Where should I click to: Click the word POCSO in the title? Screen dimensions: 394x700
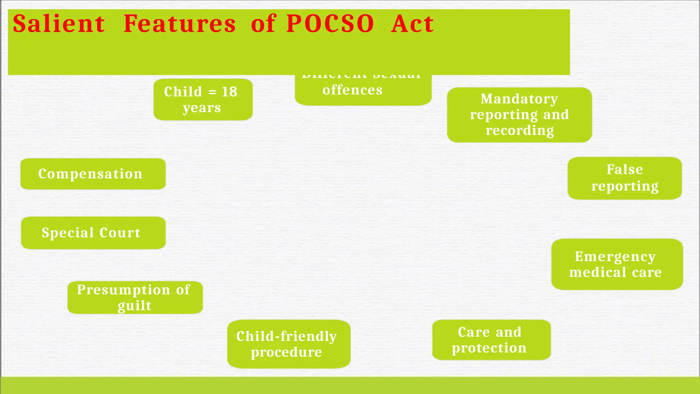tap(330, 24)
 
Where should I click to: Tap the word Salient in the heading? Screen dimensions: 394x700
tap(59, 24)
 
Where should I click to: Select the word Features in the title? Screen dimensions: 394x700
tap(179, 24)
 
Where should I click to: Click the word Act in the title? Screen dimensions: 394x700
tap(412, 24)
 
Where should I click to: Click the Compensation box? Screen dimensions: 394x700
tap(93, 174)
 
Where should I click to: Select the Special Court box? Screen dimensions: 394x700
tap(93, 233)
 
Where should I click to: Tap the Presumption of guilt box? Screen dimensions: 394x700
tap(135, 297)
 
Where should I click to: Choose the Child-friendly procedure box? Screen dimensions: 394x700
tap(289, 344)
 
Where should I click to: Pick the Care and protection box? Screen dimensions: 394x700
tap(491, 340)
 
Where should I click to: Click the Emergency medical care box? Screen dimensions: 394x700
tap(617, 264)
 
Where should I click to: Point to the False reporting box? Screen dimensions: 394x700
tap(624, 178)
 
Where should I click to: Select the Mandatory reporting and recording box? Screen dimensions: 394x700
tap(519, 115)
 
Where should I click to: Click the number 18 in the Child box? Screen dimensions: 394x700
tap(229, 92)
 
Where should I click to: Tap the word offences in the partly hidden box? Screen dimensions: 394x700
tap(352, 90)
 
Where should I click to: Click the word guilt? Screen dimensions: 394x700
tap(134, 305)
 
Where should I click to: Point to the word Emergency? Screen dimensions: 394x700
tap(615, 256)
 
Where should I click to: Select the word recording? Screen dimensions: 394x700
tap(520, 130)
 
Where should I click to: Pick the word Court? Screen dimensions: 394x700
tap(120, 233)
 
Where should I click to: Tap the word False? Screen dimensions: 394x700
tap(624, 169)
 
